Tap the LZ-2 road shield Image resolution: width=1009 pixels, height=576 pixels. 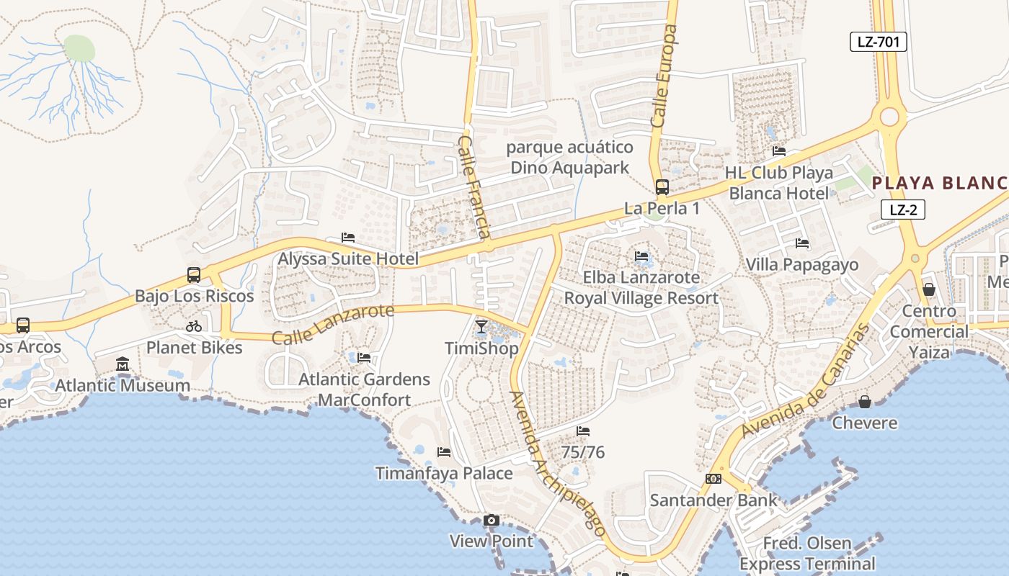902,210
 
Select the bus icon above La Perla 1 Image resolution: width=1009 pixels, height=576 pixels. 662,187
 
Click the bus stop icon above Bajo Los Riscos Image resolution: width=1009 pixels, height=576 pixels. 193,274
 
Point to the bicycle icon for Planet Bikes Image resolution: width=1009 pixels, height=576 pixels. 193,326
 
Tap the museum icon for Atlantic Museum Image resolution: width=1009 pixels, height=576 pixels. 123,364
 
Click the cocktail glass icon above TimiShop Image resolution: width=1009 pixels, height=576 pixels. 481,327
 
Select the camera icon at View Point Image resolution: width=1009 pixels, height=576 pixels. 491,520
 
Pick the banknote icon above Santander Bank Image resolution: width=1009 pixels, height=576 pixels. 713,479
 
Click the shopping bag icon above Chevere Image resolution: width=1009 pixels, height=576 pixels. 863,401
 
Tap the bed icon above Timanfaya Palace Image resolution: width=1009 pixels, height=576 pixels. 444,452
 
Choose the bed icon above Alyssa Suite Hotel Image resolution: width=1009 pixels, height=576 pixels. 348,238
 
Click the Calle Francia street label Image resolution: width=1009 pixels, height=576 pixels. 475,186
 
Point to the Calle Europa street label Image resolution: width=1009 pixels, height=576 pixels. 664,77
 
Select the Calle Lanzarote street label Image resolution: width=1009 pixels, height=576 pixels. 333,324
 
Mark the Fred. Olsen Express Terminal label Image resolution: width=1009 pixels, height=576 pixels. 807,553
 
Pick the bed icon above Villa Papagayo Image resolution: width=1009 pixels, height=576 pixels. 801,243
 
